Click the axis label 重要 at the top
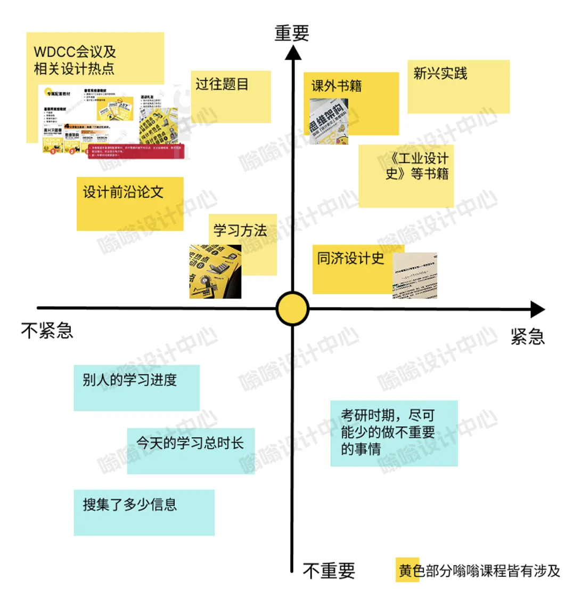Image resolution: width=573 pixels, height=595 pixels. (x=292, y=33)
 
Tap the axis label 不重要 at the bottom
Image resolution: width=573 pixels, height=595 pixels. (x=329, y=571)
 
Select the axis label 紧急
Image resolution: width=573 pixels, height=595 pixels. (x=527, y=336)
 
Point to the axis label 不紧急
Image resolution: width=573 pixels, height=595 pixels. (x=47, y=331)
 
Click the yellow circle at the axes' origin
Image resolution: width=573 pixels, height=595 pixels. (x=292, y=309)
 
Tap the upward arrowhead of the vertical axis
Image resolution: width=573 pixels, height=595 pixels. (x=292, y=54)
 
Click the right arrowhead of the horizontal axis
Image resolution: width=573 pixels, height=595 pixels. (x=537, y=309)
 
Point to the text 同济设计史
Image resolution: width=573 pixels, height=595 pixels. (x=350, y=259)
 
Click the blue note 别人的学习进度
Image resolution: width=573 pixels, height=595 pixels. (x=136, y=388)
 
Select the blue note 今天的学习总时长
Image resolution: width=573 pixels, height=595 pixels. (x=190, y=451)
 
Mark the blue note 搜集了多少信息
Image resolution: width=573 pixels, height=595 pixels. (x=144, y=512)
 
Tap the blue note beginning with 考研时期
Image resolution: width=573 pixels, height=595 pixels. (x=394, y=432)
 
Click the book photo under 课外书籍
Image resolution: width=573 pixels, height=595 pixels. (x=329, y=121)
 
